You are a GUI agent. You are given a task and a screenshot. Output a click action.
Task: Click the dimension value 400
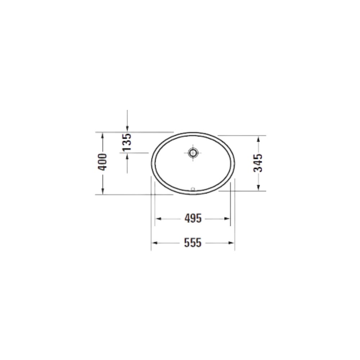point(102,162)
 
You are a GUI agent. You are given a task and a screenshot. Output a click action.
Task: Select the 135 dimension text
point(127,142)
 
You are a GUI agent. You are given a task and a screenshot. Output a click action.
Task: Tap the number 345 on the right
point(258,163)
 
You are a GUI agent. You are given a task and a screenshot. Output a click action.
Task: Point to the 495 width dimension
point(193,219)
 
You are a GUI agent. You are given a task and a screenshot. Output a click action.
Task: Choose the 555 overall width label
point(193,243)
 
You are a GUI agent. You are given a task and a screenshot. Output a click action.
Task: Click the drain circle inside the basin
point(193,152)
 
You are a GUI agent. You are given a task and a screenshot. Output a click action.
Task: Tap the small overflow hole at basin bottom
point(193,189)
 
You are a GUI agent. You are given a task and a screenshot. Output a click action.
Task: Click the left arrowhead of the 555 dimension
point(155,243)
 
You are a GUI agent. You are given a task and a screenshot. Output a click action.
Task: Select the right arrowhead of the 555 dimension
point(231,243)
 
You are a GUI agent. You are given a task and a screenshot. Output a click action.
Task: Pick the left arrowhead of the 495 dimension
point(158,219)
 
